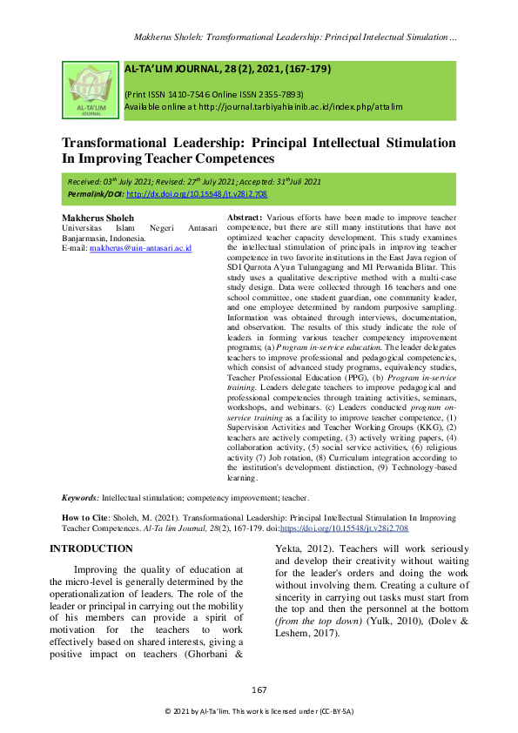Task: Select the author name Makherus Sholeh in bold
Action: click(98, 216)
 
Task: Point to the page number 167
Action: click(259, 690)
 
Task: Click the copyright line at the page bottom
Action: click(259, 712)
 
